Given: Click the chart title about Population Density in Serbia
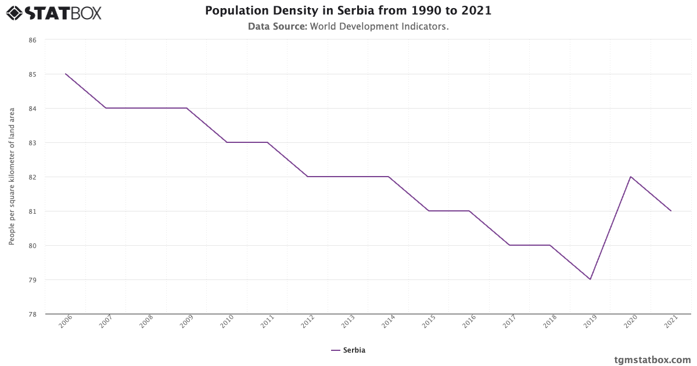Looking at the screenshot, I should click(x=348, y=11).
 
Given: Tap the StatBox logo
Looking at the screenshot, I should click(x=54, y=12).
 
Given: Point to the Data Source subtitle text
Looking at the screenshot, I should click(x=348, y=27).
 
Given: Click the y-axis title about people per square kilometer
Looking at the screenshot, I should click(x=12, y=177).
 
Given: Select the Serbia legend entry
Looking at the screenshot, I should click(x=348, y=350).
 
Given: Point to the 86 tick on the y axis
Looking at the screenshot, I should click(x=33, y=40).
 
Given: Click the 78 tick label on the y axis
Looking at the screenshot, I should click(x=33, y=314).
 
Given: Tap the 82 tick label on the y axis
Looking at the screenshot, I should click(x=33, y=177).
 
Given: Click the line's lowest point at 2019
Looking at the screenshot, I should click(x=590, y=279).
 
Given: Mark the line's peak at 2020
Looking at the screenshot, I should click(x=631, y=177).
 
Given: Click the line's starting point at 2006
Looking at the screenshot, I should click(x=66, y=74).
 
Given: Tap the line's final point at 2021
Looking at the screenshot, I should click(x=671, y=211).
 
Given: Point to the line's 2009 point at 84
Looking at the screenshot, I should click(x=186, y=108).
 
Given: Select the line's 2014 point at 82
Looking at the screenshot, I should click(x=389, y=177).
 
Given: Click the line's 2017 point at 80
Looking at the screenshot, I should click(x=509, y=245).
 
